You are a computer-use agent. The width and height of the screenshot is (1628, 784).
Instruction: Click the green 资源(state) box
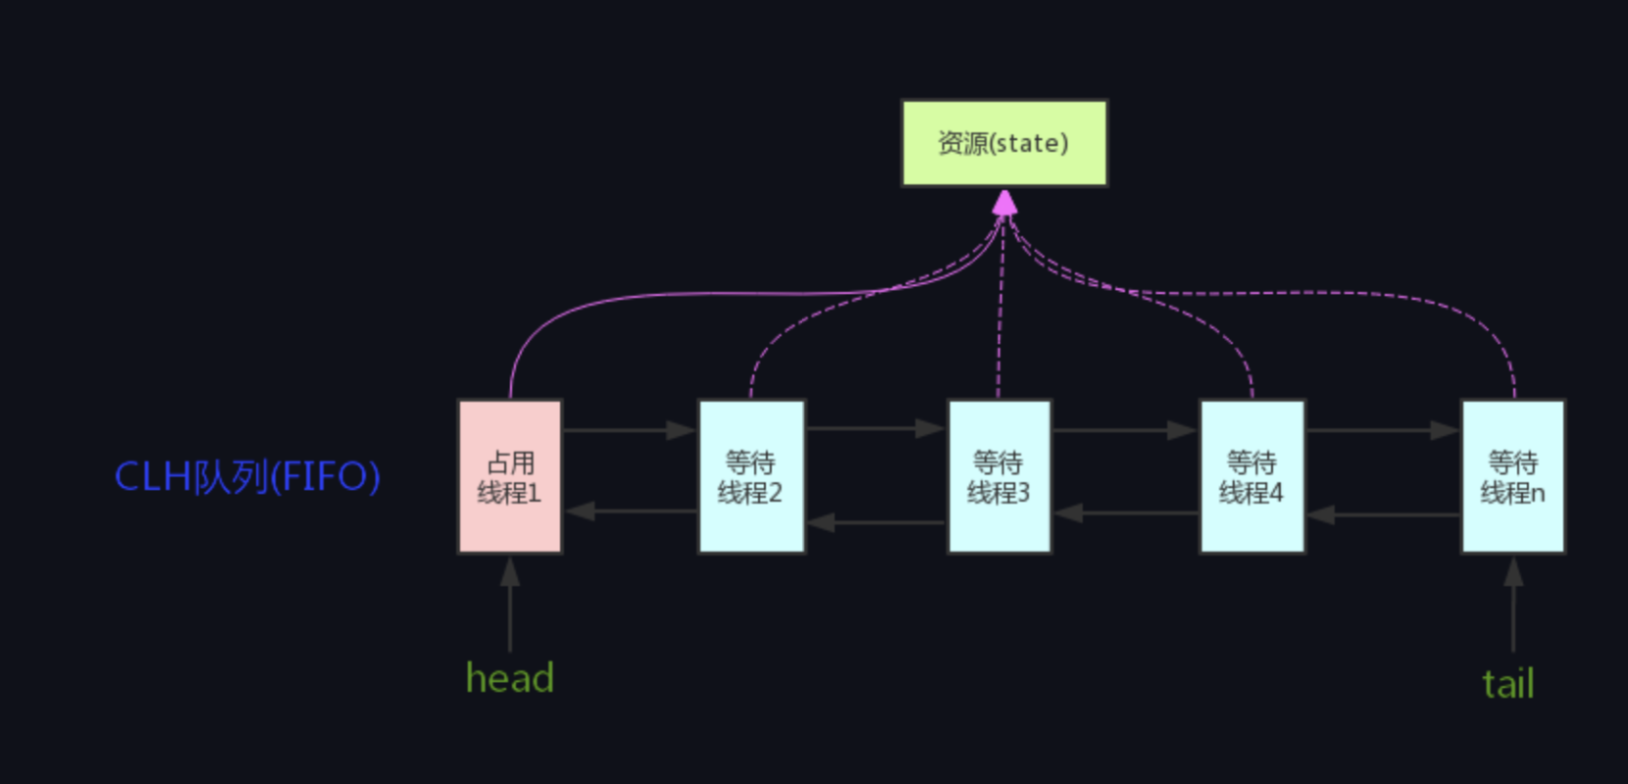[x=1004, y=143]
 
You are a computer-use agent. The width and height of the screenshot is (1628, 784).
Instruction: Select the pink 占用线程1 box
[x=510, y=476]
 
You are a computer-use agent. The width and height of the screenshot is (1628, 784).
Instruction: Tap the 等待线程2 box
[x=751, y=476]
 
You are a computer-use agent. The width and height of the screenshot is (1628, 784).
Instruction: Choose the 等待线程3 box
[x=998, y=476]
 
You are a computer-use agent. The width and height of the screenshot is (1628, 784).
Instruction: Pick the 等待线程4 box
[x=1252, y=476]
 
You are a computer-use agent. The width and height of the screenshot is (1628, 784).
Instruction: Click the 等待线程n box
[x=1513, y=476]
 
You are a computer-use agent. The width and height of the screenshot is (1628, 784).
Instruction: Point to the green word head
[x=510, y=678]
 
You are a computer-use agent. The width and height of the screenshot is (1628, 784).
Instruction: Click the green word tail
[x=1508, y=684]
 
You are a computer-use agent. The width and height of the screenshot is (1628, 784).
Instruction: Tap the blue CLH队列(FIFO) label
[x=247, y=477]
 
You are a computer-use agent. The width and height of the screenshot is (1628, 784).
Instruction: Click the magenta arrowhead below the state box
[x=1004, y=203]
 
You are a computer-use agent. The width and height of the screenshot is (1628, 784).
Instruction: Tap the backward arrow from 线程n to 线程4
[x=1383, y=514]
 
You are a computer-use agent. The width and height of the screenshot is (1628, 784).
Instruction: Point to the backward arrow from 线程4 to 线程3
[x=1125, y=513]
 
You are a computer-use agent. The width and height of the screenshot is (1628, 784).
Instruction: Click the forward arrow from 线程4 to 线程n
[x=1383, y=430]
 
